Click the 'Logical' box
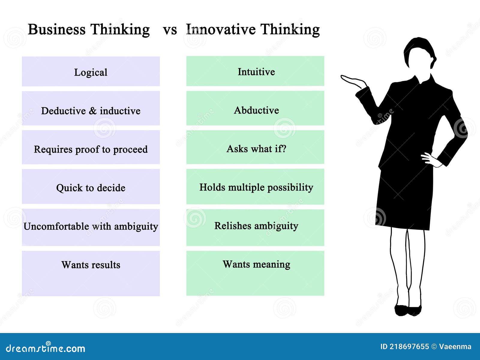click(91, 72)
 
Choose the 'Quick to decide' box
click(91, 187)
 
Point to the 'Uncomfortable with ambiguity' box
click(91, 227)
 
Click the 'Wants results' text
click(91, 265)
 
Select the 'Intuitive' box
click(255, 71)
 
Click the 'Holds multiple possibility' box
click(255, 187)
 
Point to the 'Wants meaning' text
click(256, 264)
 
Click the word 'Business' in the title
click(57, 30)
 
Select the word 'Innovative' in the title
click(221, 30)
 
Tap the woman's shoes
click(408, 310)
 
